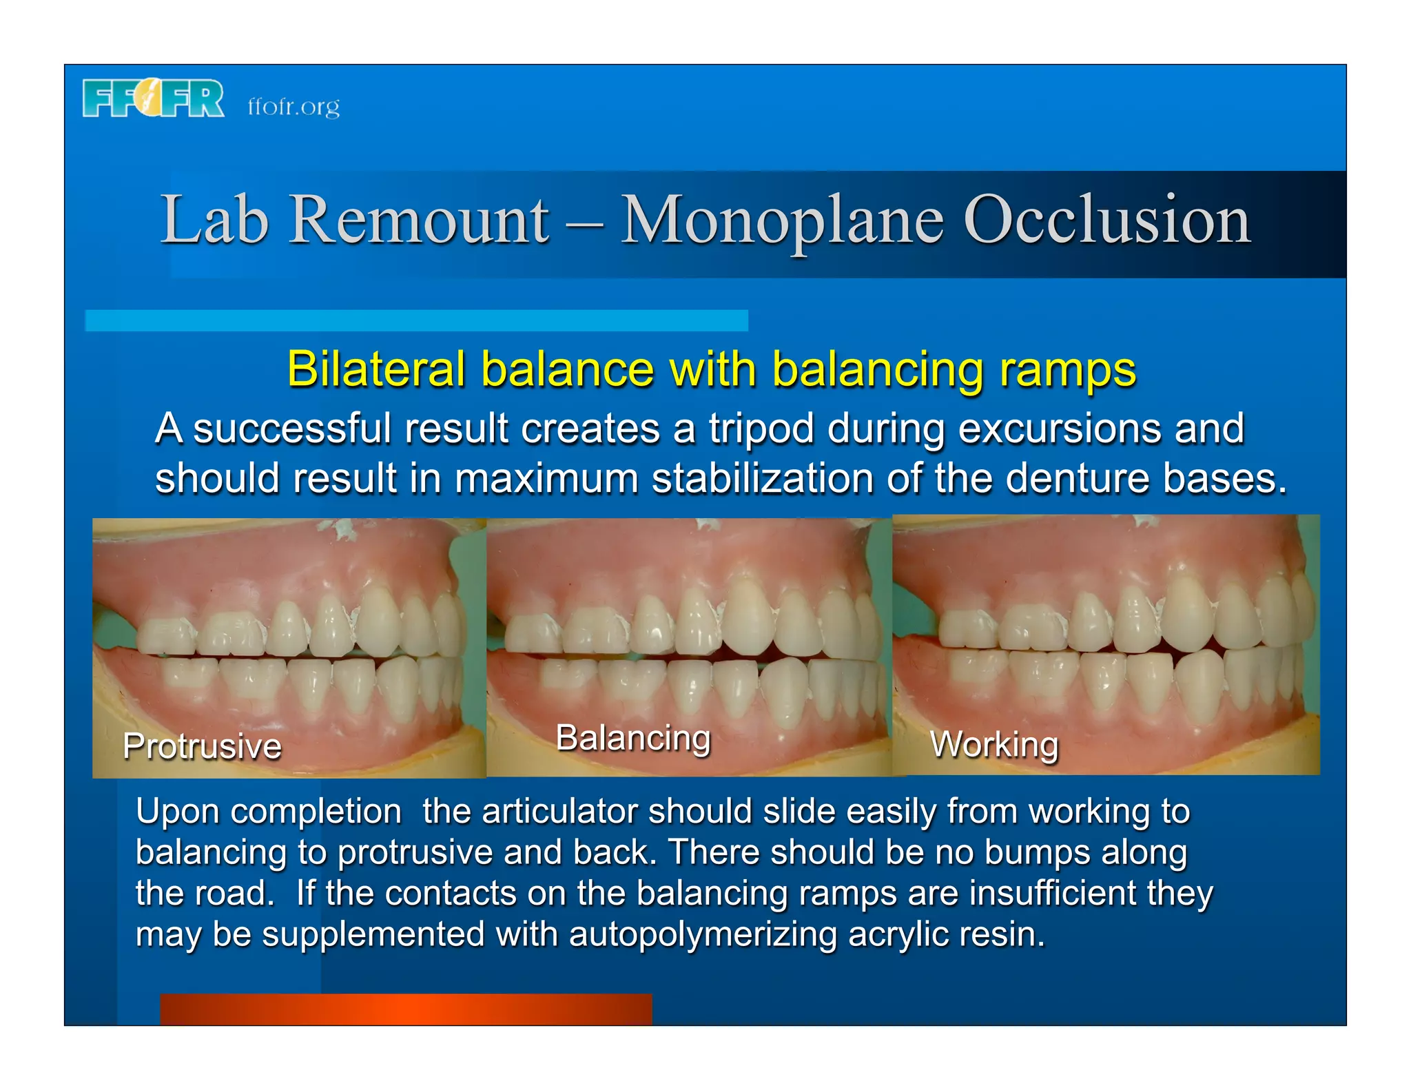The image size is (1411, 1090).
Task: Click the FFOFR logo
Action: click(x=153, y=99)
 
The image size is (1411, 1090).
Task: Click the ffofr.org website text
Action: click(x=293, y=107)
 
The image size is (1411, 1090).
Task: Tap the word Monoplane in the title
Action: click(x=781, y=220)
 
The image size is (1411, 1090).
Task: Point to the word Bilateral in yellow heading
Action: click(x=376, y=369)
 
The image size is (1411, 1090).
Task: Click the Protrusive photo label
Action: click(x=202, y=746)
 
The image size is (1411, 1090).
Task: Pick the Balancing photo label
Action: click(x=632, y=738)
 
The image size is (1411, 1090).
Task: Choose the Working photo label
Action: click(x=993, y=745)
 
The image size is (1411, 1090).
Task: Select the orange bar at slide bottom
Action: click(x=406, y=1009)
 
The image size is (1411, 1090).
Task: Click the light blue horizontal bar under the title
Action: click(x=416, y=320)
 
